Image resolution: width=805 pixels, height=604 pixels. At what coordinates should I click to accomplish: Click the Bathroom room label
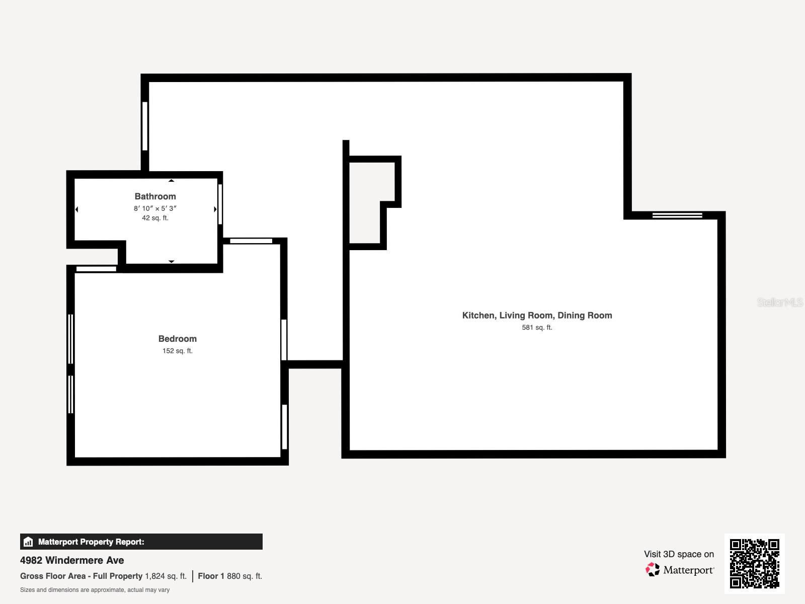coord(155,196)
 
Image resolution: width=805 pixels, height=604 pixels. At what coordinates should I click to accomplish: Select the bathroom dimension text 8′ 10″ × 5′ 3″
coord(155,208)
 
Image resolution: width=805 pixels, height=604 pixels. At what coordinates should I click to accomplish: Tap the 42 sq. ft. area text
coord(155,218)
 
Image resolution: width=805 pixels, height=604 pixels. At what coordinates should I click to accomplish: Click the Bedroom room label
coord(177,339)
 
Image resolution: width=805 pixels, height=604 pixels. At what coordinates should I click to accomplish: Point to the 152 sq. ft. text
coord(177,351)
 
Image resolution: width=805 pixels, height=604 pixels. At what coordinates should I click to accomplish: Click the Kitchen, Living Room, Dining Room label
coord(537,316)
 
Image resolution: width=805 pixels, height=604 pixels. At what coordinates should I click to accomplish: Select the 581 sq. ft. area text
coord(537,328)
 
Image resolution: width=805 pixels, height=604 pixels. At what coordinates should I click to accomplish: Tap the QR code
coord(754,563)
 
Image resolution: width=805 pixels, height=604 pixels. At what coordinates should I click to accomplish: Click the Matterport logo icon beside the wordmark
coord(653,570)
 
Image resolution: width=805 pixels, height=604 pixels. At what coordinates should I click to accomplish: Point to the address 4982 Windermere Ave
coord(72,560)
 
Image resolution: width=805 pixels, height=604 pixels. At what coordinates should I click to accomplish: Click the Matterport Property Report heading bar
coord(141,542)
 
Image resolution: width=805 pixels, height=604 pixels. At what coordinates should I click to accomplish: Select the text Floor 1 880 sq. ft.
coord(230,576)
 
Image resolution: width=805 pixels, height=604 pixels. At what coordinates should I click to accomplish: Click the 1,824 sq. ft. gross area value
coord(166,576)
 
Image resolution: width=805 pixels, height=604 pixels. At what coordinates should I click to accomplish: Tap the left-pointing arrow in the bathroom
coord(77,209)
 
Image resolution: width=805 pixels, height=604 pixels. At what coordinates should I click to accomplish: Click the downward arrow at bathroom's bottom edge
coord(171,261)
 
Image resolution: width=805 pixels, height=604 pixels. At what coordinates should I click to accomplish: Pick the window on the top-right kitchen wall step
coord(677,215)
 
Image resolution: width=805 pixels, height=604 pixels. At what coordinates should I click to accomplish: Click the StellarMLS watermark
coord(780,303)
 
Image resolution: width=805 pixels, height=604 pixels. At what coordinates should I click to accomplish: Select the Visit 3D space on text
coord(679,554)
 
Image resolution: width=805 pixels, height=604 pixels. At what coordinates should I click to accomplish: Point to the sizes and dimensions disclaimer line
coord(95,590)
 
